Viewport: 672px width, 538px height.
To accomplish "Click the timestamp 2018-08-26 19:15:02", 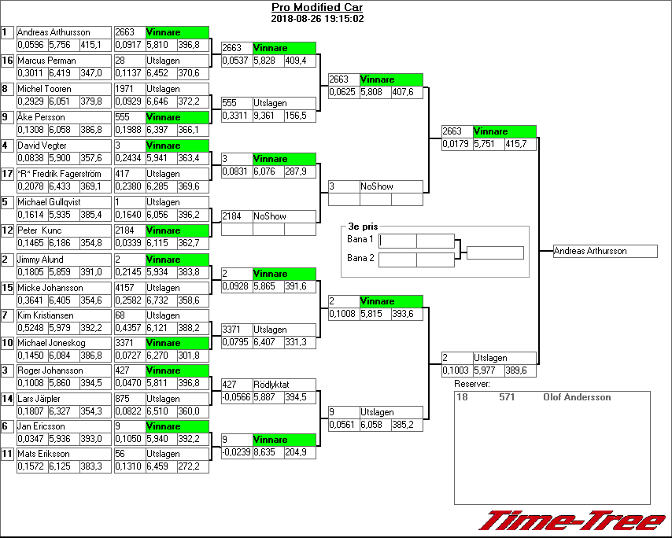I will click(317, 18).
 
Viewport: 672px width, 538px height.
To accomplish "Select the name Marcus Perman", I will click(47, 61).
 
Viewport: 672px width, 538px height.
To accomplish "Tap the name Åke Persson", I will click(41, 117).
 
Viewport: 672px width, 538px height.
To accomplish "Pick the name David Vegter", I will click(42, 146).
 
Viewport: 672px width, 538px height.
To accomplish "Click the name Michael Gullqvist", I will click(49, 202).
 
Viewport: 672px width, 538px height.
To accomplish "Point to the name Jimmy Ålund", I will click(41, 260).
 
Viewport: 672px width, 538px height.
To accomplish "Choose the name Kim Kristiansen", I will click(46, 315).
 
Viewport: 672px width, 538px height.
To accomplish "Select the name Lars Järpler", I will click(40, 399).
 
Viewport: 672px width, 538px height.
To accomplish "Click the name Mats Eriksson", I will click(43, 454).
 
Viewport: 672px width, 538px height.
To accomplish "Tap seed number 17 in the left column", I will click(7, 174).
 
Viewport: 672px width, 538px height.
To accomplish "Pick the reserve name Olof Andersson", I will click(577, 398).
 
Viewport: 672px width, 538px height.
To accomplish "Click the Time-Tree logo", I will click(573, 521).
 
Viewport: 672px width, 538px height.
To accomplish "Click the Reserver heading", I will click(472, 384).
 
